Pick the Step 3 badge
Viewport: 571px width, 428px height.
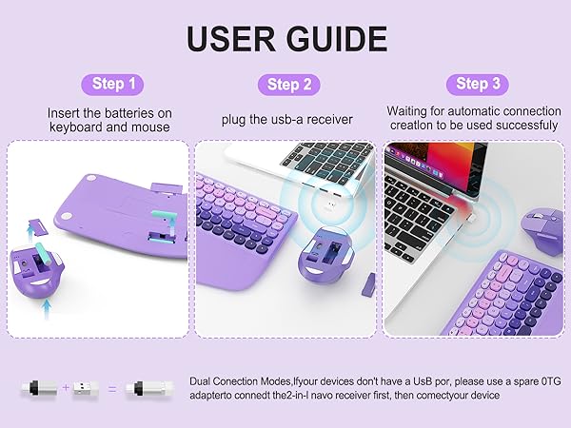(472, 84)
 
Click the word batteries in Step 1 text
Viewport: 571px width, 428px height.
(134, 112)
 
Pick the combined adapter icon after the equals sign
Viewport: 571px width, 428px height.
(153, 389)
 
